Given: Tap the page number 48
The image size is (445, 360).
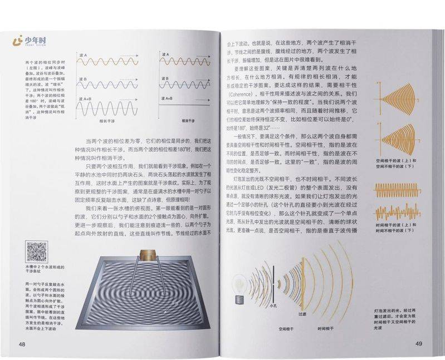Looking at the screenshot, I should click(x=22, y=343).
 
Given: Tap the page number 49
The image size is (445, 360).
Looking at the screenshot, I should click(x=419, y=343).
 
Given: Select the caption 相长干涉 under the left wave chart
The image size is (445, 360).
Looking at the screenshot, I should click(x=108, y=120).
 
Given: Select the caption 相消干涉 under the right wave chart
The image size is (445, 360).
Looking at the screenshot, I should click(x=190, y=120).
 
